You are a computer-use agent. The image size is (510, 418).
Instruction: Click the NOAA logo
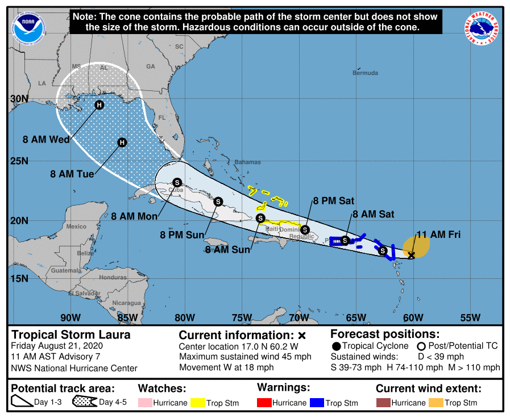click(x=28, y=26)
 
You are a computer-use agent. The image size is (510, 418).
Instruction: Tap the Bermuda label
click(x=364, y=73)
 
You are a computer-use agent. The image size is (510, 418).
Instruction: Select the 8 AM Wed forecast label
click(x=47, y=139)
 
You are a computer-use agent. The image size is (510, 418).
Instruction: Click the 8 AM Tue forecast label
click(x=72, y=174)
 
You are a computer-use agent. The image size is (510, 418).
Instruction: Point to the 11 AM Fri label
click(x=438, y=234)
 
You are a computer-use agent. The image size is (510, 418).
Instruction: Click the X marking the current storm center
click(x=411, y=256)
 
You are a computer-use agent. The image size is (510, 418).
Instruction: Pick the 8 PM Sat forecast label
click(x=333, y=200)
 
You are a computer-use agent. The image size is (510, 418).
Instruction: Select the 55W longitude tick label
click(x=470, y=317)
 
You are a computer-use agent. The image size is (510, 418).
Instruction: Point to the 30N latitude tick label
click(x=19, y=98)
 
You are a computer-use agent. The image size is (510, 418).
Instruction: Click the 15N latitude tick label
click(x=19, y=278)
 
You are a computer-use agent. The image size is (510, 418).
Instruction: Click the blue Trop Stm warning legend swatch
click(x=317, y=403)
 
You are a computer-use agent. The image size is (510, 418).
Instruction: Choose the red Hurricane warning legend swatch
click(x=264, y=403)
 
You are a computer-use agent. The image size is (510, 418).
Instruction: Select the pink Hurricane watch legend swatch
click(x=146, y=403)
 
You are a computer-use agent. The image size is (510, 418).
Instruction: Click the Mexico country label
click(x=76, y=227)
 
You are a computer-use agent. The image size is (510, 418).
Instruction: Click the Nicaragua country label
click(x=126, y=303)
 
